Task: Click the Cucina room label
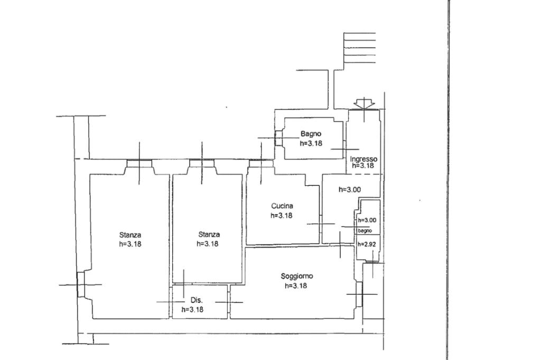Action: (x=282, y=206)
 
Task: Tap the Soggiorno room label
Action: (x=297, y=276)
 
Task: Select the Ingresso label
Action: (x=363, y=159)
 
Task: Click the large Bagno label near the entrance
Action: (x=311, y=134)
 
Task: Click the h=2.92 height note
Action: (x=367, y=244)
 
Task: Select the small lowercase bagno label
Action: (x=365, y=231)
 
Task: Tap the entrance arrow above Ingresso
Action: (x=365, y=104)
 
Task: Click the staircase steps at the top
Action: (x=359, y=48)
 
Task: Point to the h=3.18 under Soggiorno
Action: (x=296, y=286)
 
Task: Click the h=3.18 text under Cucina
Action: (x=282, y=215)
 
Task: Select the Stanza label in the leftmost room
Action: (x=130, y=235)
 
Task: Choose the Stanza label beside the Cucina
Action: (x=209, y=235)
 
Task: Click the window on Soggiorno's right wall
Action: (x=359, y=294)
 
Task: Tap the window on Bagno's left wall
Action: (x=278, y=138)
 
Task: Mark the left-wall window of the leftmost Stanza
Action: (x=80, y=285)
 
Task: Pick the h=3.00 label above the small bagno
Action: (x=350, y=190)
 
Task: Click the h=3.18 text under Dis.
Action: (x=192, y=310)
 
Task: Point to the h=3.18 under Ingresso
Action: (x=363, y=166)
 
